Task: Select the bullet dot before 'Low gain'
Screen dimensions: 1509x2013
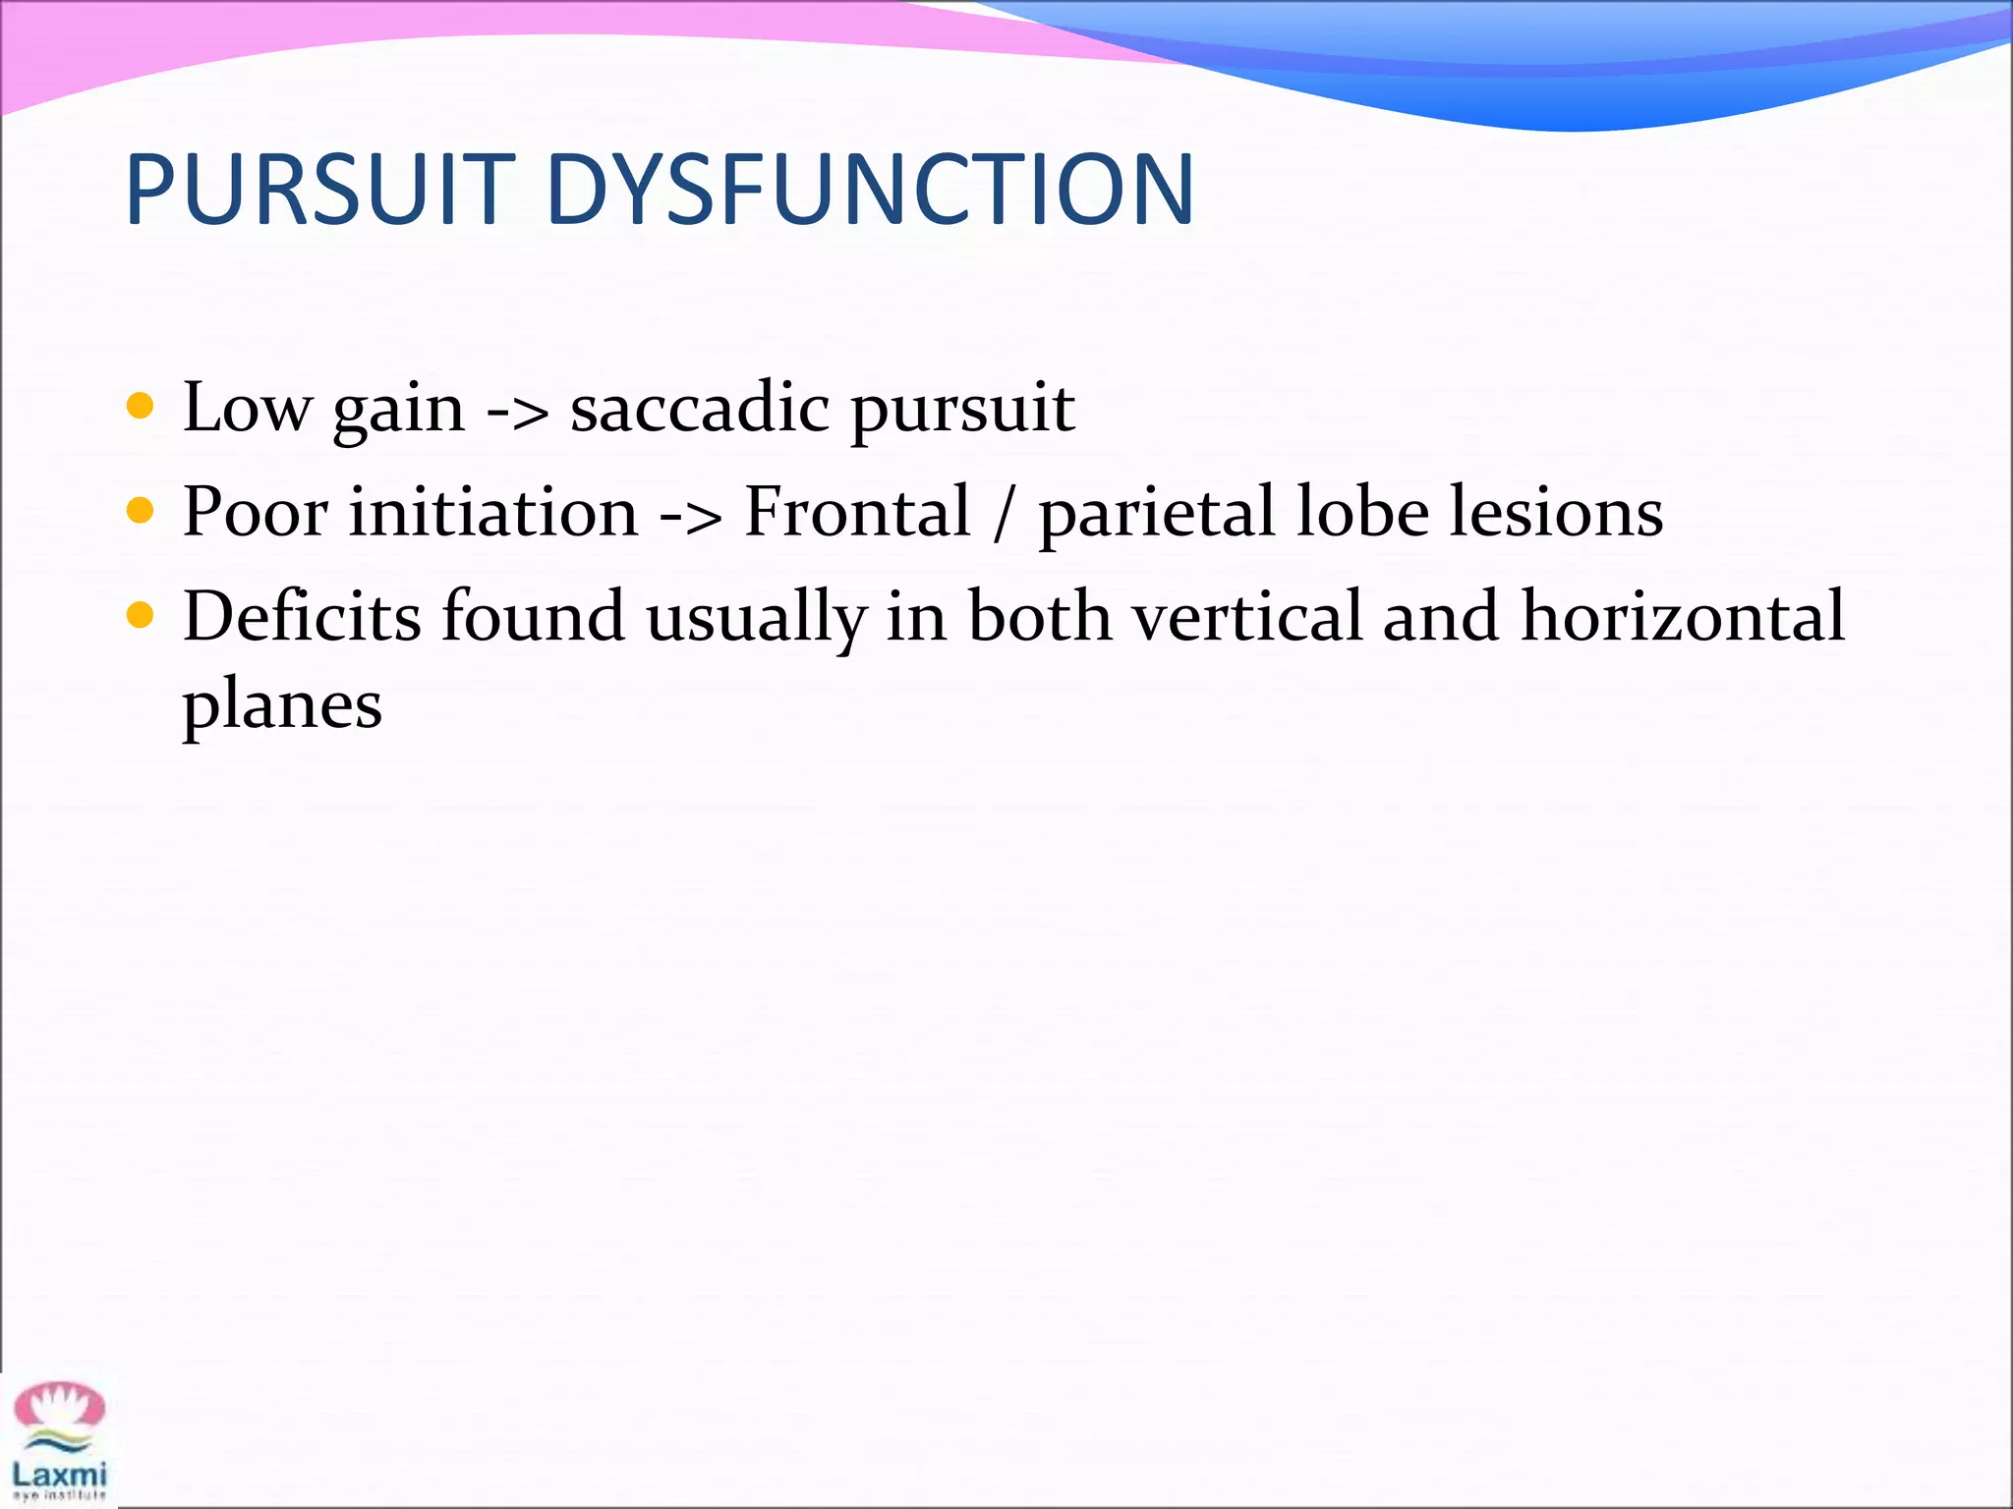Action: tap(141, 406)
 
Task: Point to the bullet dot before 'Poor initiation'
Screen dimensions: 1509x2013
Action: tap(141, 511)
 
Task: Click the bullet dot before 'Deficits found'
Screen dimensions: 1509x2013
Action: tap(141, 616)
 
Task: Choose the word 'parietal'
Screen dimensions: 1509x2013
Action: tap(1156, 513)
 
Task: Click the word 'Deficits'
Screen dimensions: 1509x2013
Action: tap(302, 617)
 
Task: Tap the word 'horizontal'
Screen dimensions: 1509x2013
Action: tap(1682, 617)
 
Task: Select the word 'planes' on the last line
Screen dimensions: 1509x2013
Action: tap(282, 707)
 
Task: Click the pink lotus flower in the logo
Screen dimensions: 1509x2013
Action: tap(60, 1406)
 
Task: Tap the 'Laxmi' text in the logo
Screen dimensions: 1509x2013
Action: tap(60, 1474)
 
